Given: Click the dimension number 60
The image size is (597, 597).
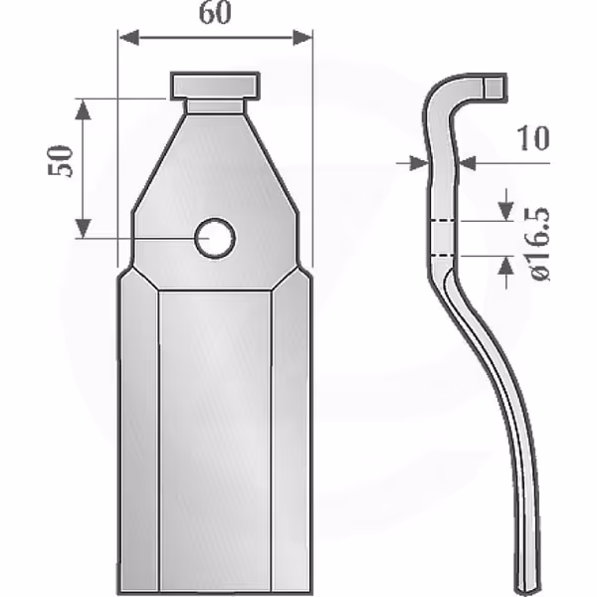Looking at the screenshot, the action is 215,13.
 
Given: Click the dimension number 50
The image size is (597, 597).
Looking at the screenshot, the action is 60,160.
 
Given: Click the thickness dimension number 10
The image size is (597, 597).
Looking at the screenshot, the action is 533,138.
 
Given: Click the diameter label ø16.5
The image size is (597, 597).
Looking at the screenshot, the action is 539,245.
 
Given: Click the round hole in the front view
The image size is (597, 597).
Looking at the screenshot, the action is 215,239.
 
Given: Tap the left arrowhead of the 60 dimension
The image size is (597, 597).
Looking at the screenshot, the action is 129,38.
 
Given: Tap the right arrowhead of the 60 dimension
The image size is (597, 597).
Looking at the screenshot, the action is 302,38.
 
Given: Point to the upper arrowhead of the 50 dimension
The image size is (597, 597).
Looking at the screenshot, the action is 83,110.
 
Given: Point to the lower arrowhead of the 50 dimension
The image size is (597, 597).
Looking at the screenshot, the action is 83,228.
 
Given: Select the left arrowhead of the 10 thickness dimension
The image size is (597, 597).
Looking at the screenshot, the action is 418,163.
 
